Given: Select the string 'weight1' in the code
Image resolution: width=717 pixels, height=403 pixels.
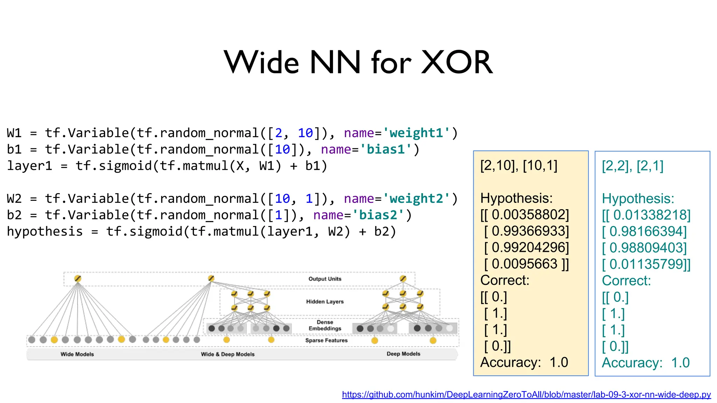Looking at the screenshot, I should [x=416, y=133].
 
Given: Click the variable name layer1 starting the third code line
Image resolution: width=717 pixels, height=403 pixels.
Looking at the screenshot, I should [x=29, y=166].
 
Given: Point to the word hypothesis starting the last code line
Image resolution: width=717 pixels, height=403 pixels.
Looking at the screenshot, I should [x=45, y=232].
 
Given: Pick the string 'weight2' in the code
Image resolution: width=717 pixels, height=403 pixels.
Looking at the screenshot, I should [x=416, y=199].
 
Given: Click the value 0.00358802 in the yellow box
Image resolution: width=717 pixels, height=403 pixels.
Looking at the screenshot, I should [x=530, y=215].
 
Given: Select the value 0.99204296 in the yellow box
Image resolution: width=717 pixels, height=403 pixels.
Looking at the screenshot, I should [x=530, y=248].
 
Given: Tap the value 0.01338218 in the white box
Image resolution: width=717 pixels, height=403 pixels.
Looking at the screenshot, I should [x=651, y=215].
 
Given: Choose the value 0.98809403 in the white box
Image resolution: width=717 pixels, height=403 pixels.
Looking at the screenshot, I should [x=648, y=248].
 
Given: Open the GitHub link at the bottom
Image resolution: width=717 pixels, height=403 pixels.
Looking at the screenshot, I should [x=526, y=395].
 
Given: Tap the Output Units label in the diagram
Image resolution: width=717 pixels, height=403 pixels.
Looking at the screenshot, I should [x=325, y=279].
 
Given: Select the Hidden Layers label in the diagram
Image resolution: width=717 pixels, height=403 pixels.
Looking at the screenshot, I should [x=325, y=302].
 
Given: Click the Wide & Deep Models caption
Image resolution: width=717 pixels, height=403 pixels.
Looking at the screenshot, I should [x=228, y=354].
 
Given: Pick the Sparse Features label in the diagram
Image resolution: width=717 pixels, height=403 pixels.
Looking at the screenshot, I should [x=326, y=340].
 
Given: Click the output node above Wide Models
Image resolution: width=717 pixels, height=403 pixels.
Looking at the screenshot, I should [x=78, y=279].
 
